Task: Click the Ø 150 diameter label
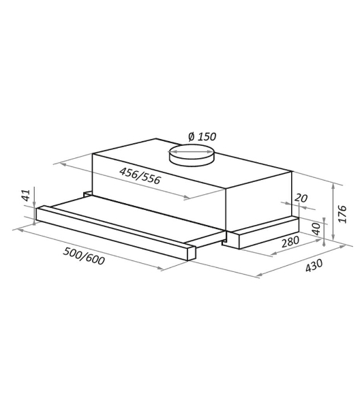point(202,136)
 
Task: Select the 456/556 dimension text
point(140,176)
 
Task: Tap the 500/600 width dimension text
point(84,256)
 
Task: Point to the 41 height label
point(27,196)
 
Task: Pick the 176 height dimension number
point(342,214)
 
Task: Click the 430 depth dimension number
point(314,265)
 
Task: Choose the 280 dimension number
point(290,241)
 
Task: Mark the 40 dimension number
point(316,229)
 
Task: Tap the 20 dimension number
point(301,198)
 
